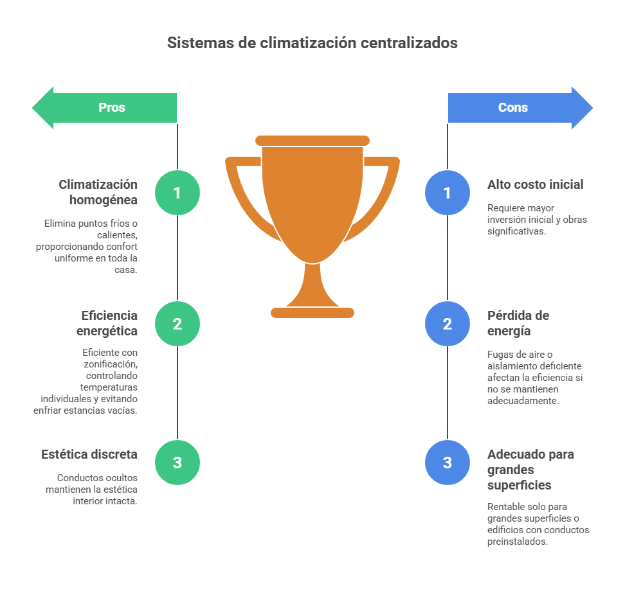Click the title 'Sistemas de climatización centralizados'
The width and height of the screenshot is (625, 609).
(312, 43)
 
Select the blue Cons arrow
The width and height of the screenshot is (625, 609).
(520, 108)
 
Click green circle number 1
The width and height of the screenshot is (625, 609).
(177, 193)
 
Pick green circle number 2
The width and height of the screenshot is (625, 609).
(177, 324)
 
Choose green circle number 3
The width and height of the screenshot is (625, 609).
(177, 463)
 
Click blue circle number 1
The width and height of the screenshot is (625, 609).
(448, 193)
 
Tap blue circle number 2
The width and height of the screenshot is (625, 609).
(448, 324)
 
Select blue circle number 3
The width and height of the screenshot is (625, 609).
(448, 463)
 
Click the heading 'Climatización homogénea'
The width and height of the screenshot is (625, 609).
(98, 192)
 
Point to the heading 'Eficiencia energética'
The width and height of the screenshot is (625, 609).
(107, 323)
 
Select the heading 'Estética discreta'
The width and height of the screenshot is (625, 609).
(89, 454)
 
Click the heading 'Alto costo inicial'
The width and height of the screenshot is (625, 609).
(535, 184)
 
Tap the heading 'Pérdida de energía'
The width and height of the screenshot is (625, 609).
(518, 323)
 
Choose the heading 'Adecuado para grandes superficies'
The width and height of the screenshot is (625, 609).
(530, 469)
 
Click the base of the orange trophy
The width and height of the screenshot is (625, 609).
(312, 313)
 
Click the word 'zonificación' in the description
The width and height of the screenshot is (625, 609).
(110, 364)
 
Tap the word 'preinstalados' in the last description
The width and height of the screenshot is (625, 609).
(518, 542)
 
